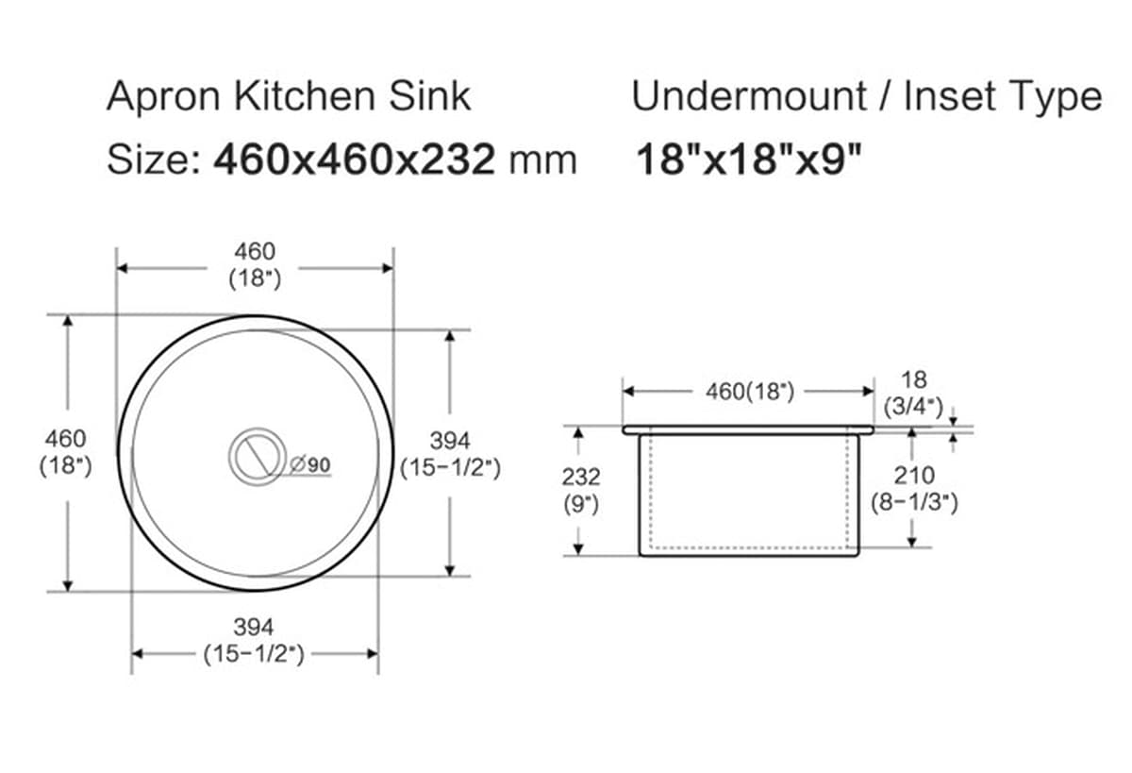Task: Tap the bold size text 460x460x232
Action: pyautogui.click(x=355, y=160)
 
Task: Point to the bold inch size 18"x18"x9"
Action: pyautogui.click(x=750, y=160)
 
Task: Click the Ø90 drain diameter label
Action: pyautogui.click(x=310, y=464)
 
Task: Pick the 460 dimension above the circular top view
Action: pyautogui.click(x=255, y=252)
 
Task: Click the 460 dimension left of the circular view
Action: pyautogui.click(x=65, y=439)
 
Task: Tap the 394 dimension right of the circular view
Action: pyautogui.click(x=450, y=441)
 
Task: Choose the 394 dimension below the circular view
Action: pyautogui.click(x=254, y=627)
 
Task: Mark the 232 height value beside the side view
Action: pyautogui.click(x=581, y=477)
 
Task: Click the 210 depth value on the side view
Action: pyautogui.click(x=914, y=475)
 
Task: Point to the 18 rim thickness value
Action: pyautogui.click(x=914, y=379)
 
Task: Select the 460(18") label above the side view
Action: pyautogui.click(x=750, y=391)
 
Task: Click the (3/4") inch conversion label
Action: pyautogui.click(x=914, y=406)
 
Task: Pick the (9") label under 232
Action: pyautogui.click(x=581, y=504)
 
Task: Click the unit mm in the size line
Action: pyautogui.click(x=542, y=160)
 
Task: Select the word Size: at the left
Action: pyautogui.click(x=152, y=160)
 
